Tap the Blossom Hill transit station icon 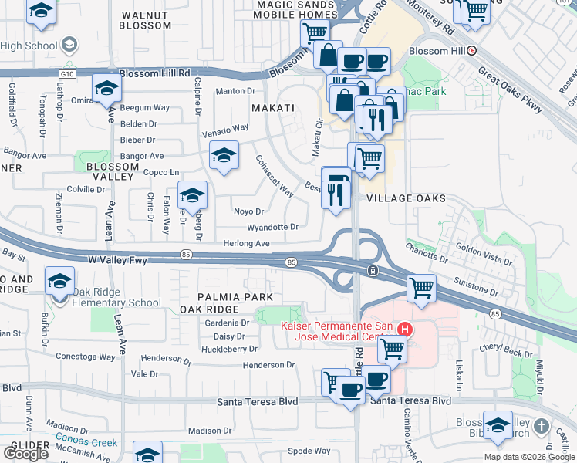(472, 52)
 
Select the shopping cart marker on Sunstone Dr (421, 289)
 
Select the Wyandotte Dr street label (272, 228)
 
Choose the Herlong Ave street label (246, 244)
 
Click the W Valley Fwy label (117, 262)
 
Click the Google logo (25, 454)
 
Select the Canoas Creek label (86, 443)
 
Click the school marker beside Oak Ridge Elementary (59, 282)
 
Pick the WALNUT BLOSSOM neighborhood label (145, 20)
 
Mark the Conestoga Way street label (86, 357)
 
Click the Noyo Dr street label (248, 211)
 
